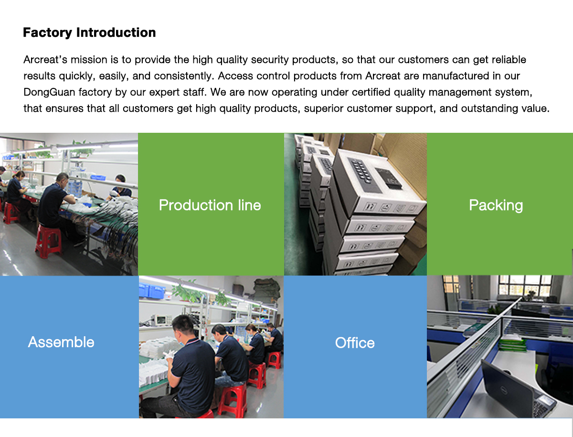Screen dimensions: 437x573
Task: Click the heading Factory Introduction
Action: click(89, 32)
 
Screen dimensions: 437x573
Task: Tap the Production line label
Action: click(210, 205)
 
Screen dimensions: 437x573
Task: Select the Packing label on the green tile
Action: click(496, 205)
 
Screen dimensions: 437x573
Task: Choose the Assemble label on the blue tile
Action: click(61, 342)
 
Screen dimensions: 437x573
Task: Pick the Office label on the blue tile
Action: click(355, 342)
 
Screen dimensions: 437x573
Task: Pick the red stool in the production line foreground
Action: click(48, 241)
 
